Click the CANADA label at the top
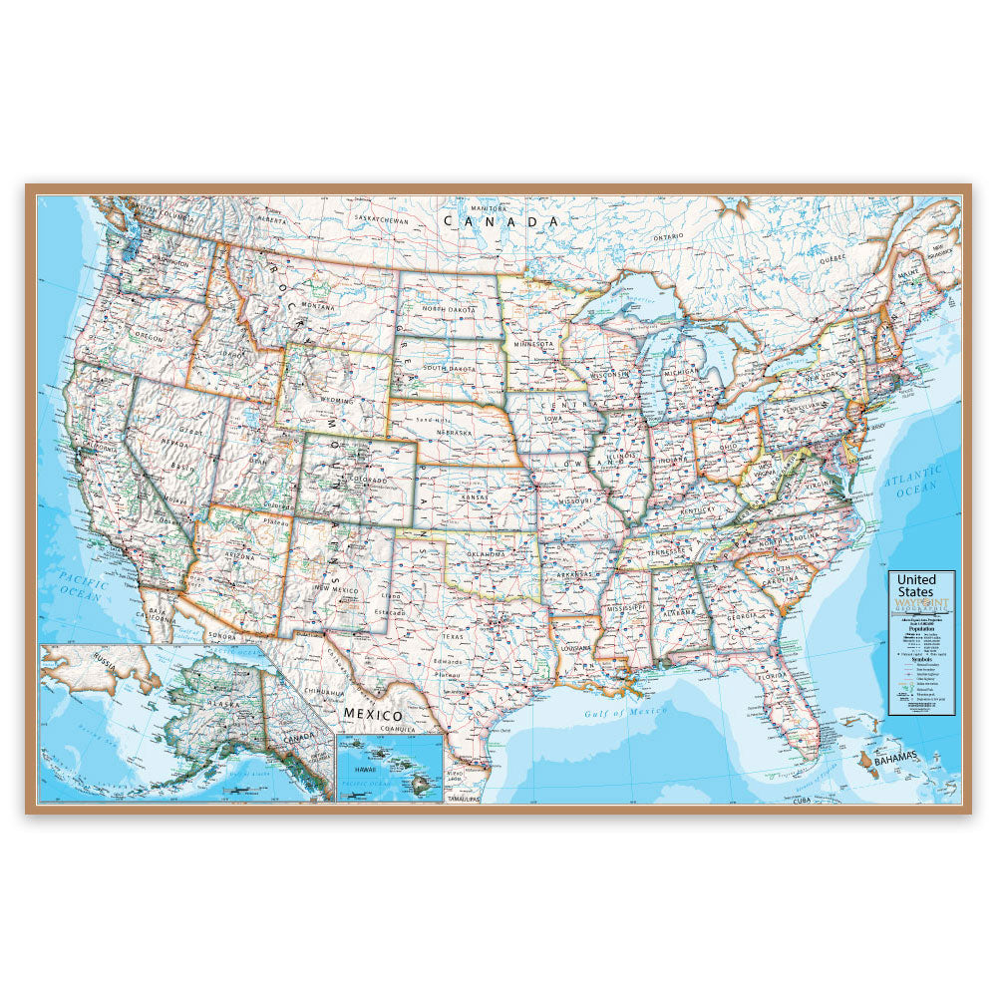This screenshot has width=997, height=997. (x=501, y=221)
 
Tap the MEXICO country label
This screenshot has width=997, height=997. (x=373, y=715)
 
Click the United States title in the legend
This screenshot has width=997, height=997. (x=916, y=585)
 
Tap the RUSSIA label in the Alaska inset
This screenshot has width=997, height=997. (x=72, y=658)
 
